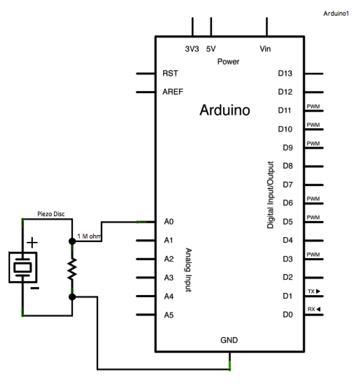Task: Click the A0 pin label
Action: tap(169, 222)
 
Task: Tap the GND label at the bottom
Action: tap(229, 340)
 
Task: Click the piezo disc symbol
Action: tap(22, 267)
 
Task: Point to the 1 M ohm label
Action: tap(89, 236)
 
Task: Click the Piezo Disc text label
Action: tap(51, 214)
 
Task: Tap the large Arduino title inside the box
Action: tap(225, 110)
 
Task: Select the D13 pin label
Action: tap(285, 73)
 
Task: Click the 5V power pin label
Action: tap(211, 49)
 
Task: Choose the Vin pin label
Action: tap(265, 49)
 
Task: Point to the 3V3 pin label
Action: tap(192, 49)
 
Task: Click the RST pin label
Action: tap(170, 73)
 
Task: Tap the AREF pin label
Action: tap(173, 92)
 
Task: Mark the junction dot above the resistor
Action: tap(72, 241)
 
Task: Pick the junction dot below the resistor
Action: tap(72, 297)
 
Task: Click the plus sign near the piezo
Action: tap(33, 242)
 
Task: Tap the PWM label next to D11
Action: tap(313, 107)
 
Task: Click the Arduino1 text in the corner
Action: tap(336, 14)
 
